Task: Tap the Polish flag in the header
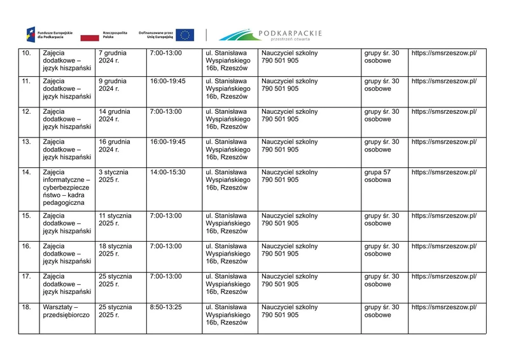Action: pos(114,34)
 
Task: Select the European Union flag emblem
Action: pos(185,34)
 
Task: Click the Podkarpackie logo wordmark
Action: pos(270,34)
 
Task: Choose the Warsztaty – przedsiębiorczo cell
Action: pos(66,311)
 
